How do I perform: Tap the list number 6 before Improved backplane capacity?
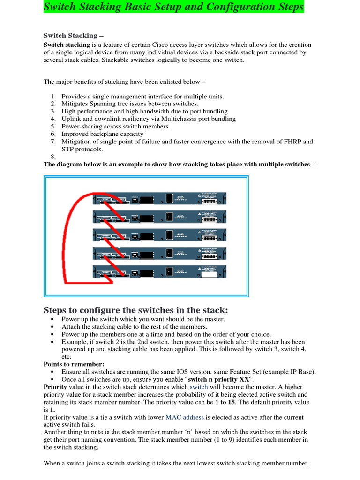pos(53,134)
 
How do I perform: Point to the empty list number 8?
pos(53,157)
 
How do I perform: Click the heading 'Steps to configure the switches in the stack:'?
pos(135,310)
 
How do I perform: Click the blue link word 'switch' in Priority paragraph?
pos(198,387)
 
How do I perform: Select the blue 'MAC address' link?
pos(185,417)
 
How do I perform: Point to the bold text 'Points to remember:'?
pos(74,364)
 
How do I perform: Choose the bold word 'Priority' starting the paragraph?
pos(55,387)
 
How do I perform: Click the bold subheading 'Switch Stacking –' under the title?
pos(70,36)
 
